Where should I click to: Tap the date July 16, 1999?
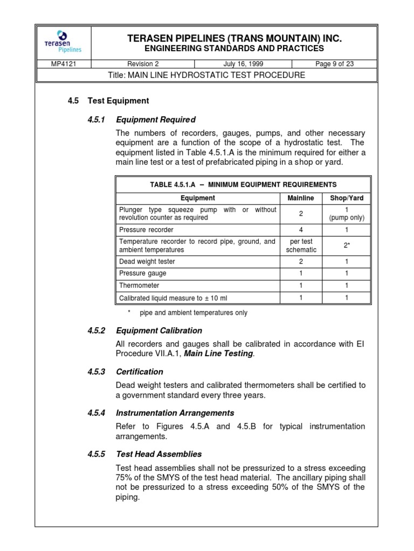coord(241,64)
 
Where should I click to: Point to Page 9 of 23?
coord(335,64)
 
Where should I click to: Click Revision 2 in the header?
coord(143,64)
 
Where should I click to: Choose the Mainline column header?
coord(300,198)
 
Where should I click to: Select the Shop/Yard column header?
coord(347,198)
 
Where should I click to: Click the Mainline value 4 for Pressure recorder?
coord(301,229)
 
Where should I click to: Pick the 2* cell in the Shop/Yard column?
coord(347,245)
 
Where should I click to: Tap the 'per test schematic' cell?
coord(301,245)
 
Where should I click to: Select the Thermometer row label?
coord(139,285)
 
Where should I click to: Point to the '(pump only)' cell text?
coord(347,218)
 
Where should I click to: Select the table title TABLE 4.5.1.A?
coord(243,185)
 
